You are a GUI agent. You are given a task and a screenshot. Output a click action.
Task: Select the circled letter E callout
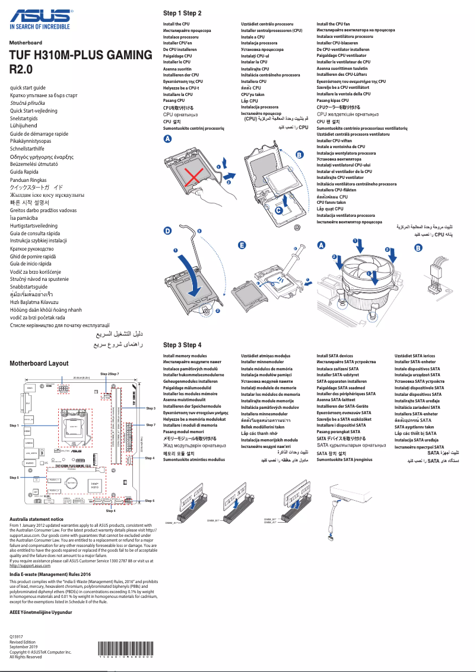(x=242, y=244)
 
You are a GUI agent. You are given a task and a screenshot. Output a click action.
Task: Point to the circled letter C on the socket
(x=279, y=209)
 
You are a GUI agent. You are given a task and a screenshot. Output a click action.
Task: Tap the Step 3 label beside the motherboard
(x=150, y=408)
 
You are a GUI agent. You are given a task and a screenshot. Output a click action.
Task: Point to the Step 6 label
(x=150, y=501)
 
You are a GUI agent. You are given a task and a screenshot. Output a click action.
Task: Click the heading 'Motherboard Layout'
(x=39, y=363)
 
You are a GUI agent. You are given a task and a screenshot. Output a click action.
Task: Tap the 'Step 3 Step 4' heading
(x=182, y=345)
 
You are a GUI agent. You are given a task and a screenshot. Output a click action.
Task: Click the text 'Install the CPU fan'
(x=333, y=24)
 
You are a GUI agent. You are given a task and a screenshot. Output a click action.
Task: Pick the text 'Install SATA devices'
(x=335, y=356)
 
